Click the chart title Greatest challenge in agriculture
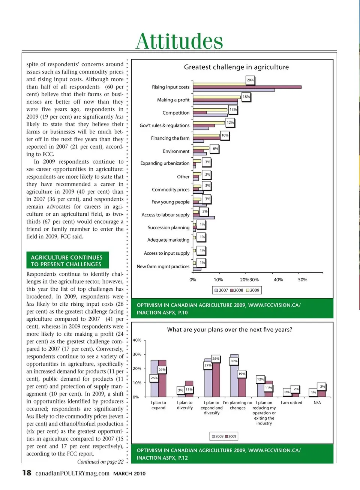click(x=236, y=67)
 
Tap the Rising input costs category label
click(x=171, y=87)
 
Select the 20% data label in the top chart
click(x=250, y=80)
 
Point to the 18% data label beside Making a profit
click(x=246, y=97)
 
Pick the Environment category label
click(x=176, y=151)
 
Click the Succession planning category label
click(x=168, y=228)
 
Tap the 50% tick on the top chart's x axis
click(x=303, y=280)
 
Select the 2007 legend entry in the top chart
click(x=221, y=290)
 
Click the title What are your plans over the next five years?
click(x=229, y=330)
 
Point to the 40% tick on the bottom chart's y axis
click(x=137, y=340)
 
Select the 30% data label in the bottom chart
click(x=234, y=361)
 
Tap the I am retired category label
click(x=291, y=403)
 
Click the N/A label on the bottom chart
click(x=317, y=403)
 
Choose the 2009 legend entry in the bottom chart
click(x=231, y=436)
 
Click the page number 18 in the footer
click(x=27, y=473)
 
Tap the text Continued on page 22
click(x=100, y=462)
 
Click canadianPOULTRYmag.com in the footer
click(x=72, y=474)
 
